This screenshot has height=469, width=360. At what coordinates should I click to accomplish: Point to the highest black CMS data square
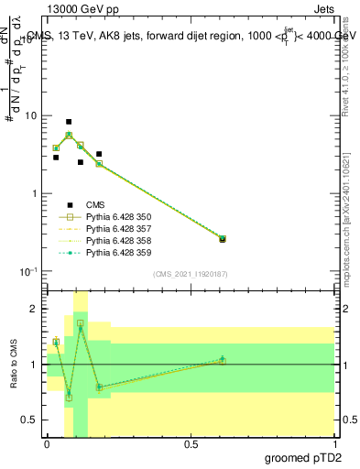coord(69,122)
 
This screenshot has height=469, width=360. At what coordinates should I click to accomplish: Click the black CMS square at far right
coord(223,239)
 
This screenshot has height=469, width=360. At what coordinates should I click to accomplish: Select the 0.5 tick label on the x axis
coord(191,442)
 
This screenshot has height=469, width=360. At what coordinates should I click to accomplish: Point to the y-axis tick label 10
coord(31,116)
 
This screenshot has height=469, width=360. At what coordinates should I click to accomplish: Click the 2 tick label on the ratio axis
coord(34,310)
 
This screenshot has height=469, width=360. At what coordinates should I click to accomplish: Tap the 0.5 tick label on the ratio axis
coord(29,420)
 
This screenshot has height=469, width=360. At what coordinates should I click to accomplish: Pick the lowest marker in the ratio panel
coord(69,398)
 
